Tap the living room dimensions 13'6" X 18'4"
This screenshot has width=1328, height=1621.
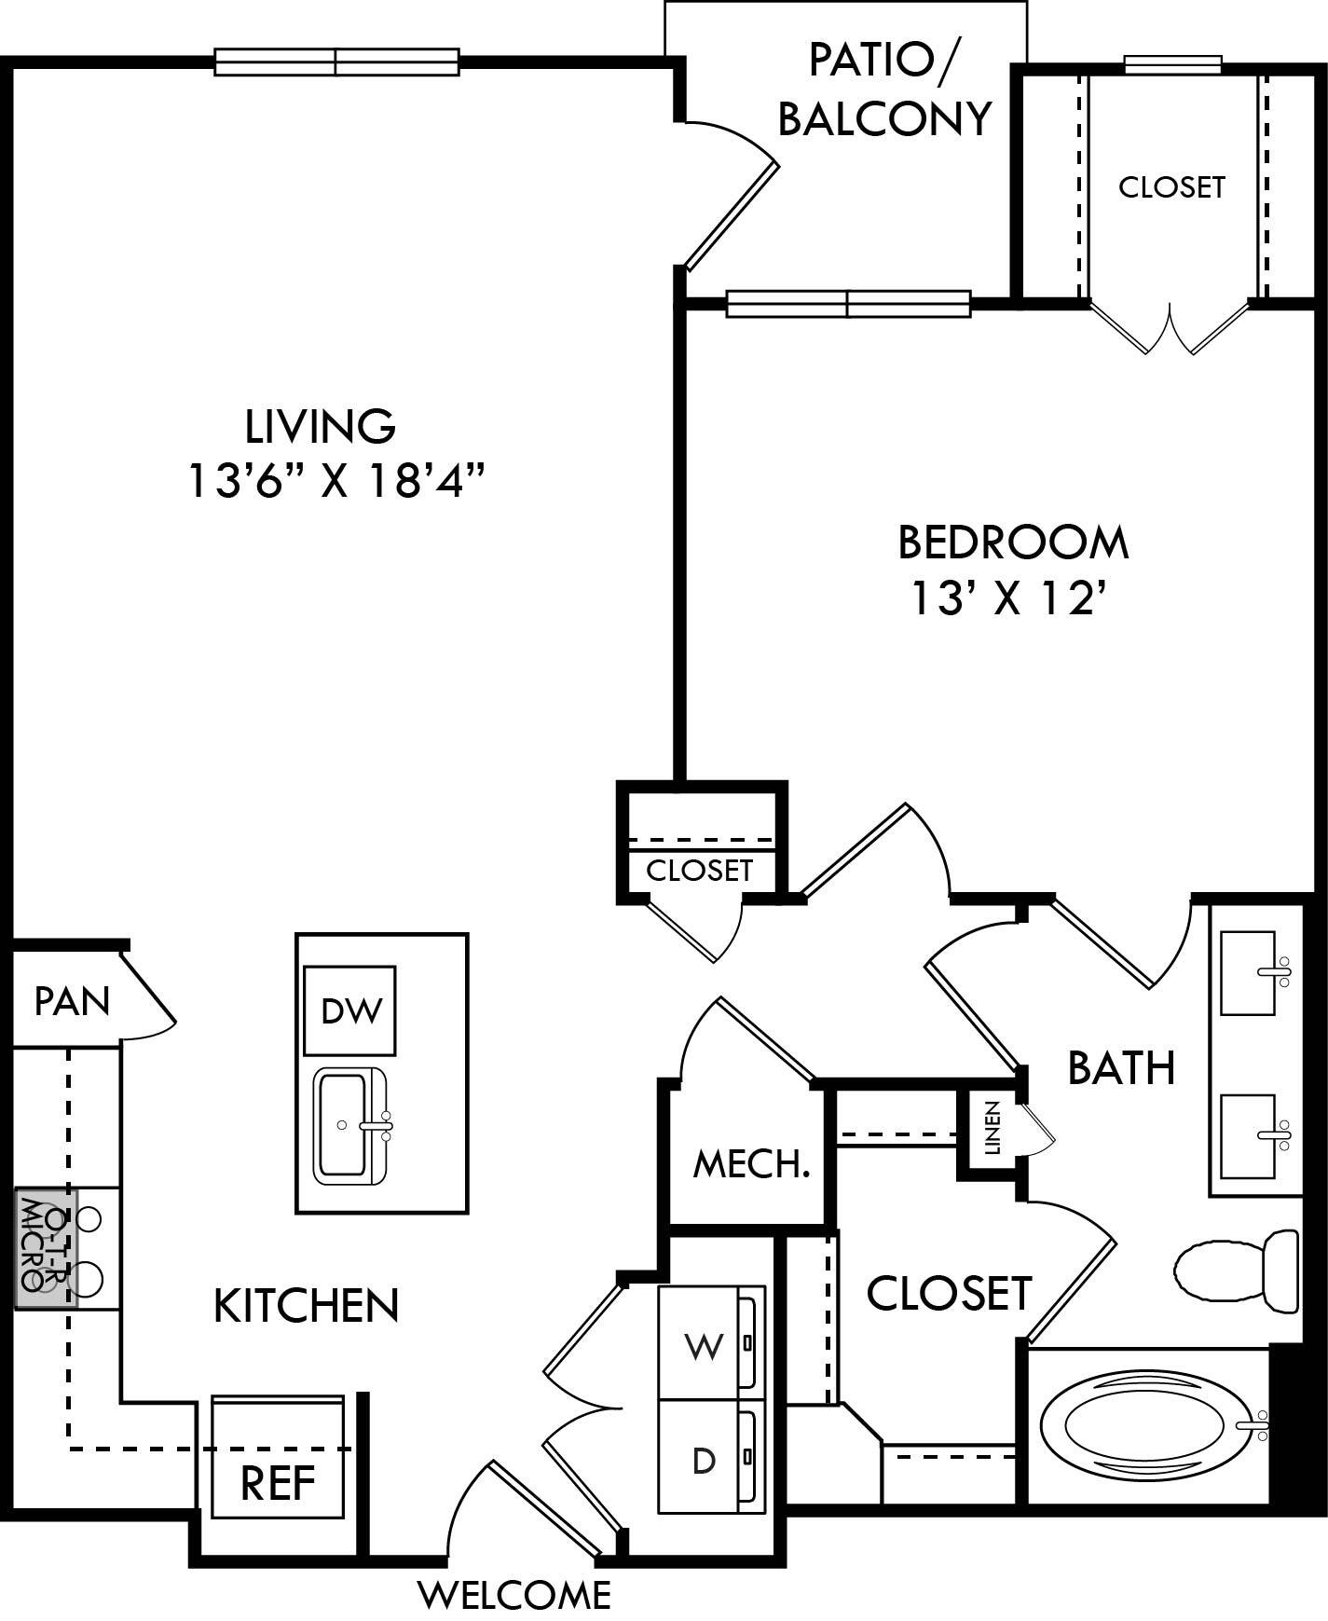336,482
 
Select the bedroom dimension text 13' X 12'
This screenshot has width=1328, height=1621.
1012,598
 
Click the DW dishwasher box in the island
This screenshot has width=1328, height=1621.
350,1010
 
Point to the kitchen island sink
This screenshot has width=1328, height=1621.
349,1126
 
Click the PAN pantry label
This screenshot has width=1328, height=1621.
72,1001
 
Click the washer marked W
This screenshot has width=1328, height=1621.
704,1345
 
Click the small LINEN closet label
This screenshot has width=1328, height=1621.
992,1128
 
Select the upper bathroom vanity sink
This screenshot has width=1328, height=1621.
1249,972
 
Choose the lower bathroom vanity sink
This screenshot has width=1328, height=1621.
1249,1135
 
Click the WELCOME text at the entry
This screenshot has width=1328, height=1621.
513,1595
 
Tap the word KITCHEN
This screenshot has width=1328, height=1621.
307,1306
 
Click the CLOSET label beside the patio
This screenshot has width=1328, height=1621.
1171,187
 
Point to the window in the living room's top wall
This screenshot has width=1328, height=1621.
336,62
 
